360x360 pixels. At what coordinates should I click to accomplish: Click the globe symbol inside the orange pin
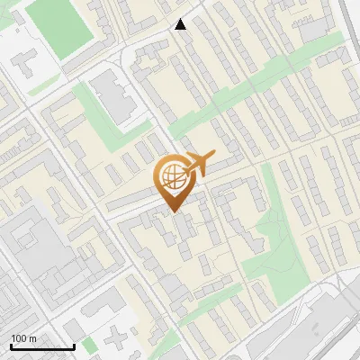171,176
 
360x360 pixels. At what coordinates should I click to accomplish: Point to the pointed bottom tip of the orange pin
171,210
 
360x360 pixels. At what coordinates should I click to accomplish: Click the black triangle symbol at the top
181,24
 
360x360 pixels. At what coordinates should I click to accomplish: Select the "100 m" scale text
23,338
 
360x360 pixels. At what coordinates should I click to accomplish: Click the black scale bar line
42,346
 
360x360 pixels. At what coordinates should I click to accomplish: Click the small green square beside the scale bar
88,346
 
